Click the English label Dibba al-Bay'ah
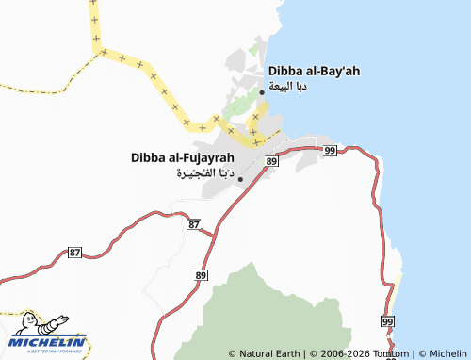pyautogui.click(x=314, y=71)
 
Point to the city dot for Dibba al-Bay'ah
pyautogui.click(x=262, y=91)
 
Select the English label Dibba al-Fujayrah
pyautogui.click(x=182, y=157)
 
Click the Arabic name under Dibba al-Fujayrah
pyautogui.click(x=204, y=173)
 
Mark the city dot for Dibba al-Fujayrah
pyautogui.click(x=240, y=178)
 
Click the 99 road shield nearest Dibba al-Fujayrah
pyautogui.click(x=329, y=150)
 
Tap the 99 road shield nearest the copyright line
pyautogui.click(x=388, y=322)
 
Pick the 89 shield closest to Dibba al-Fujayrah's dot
pyautogui.click(x=271, y=162)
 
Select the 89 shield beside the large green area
pyautogui.click(x=201, y=274)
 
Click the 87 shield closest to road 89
pyautogui.click(x=193, y=224)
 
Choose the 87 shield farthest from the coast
pyautogui.click(x=75, y=253)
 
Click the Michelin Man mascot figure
pyautogui.click(x=26, y=325)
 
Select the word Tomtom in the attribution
pyautogui.click(x=391, y=353)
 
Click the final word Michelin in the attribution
pyautogui.click(x=447, y=353)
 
